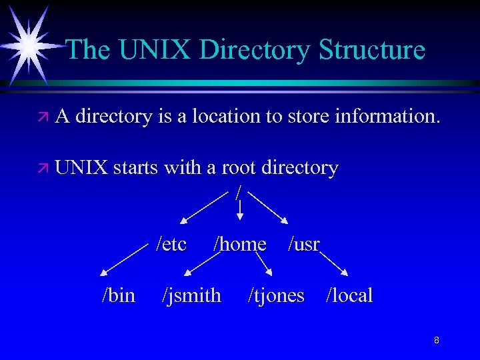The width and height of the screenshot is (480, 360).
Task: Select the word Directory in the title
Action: point(255,50)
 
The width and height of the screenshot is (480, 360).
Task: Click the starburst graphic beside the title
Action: point(30,45)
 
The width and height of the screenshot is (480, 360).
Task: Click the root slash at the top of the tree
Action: point(239,191)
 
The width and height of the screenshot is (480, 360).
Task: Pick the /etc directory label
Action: point(171,244)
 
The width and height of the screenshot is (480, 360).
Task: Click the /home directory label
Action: point(239,244)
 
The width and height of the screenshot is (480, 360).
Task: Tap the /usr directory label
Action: point(304,244)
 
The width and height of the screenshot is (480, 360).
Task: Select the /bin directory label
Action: point(118,295)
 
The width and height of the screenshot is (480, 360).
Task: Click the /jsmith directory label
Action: point(191,295)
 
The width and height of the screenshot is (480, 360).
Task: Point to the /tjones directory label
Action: point(276,295)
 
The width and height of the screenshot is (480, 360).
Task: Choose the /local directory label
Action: point(349,295)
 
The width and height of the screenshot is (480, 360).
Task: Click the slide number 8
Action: point(436,341)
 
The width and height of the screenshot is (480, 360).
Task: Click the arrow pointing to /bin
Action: point(123,260)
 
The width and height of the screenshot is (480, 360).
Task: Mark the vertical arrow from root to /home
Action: point(240,209)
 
